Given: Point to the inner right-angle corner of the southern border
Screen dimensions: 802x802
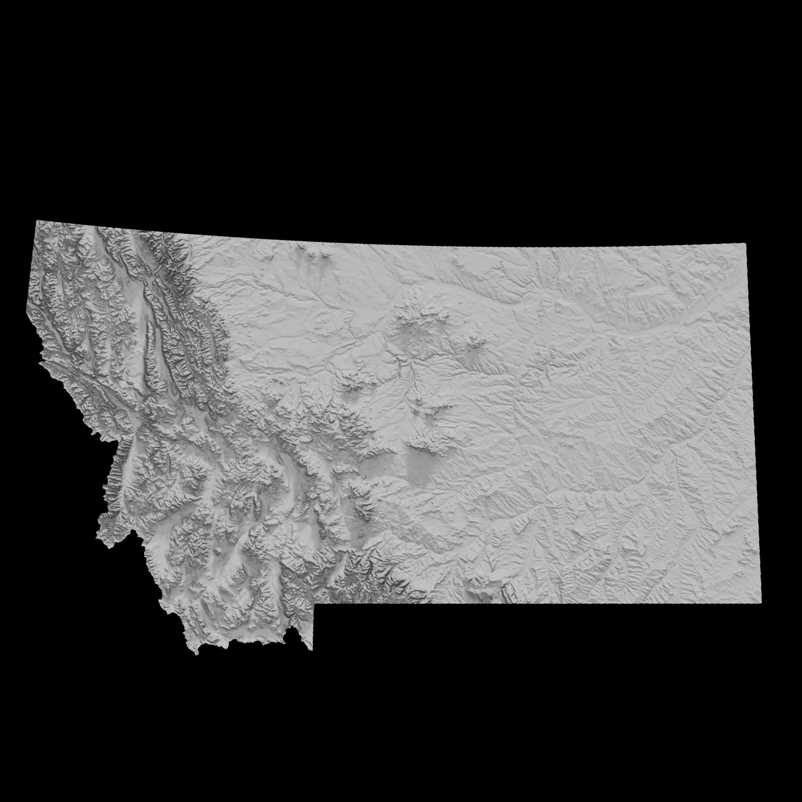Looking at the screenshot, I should tap(314, 604).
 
